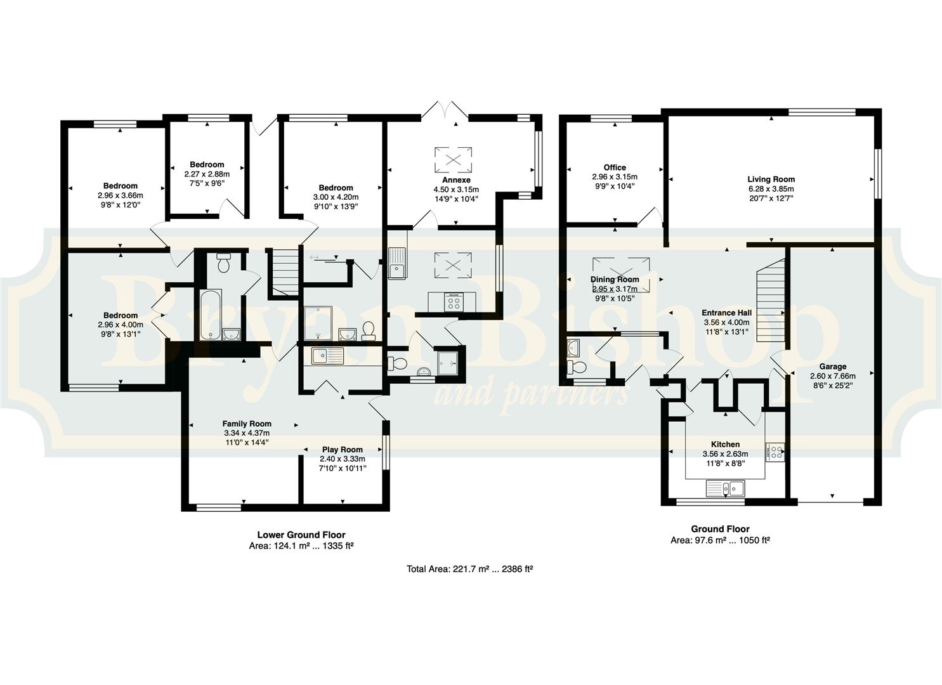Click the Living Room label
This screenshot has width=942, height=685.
(771, 179)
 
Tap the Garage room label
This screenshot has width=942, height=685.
(833, 367)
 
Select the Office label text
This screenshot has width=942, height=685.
(615, 167)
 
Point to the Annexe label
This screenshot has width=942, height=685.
(456, 180)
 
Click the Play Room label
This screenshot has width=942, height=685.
(343, 450)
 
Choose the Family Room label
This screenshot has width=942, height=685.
(247, 424)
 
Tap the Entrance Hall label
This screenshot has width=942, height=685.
(727, 313)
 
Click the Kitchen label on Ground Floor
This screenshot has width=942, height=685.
(725, 444)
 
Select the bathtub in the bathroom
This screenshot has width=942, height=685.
(210, 315)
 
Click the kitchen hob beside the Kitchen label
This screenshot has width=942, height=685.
(775, 452)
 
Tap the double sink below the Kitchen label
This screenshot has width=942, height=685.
(725, 488)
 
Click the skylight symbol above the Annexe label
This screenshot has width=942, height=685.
(453, 159)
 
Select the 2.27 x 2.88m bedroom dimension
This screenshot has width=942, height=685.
(207, 174)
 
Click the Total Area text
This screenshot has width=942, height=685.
(469, 569)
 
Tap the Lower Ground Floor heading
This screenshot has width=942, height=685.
(301, 535)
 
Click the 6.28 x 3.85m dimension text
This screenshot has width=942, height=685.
(771, 189)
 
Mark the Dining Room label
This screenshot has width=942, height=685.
(615, 279)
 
